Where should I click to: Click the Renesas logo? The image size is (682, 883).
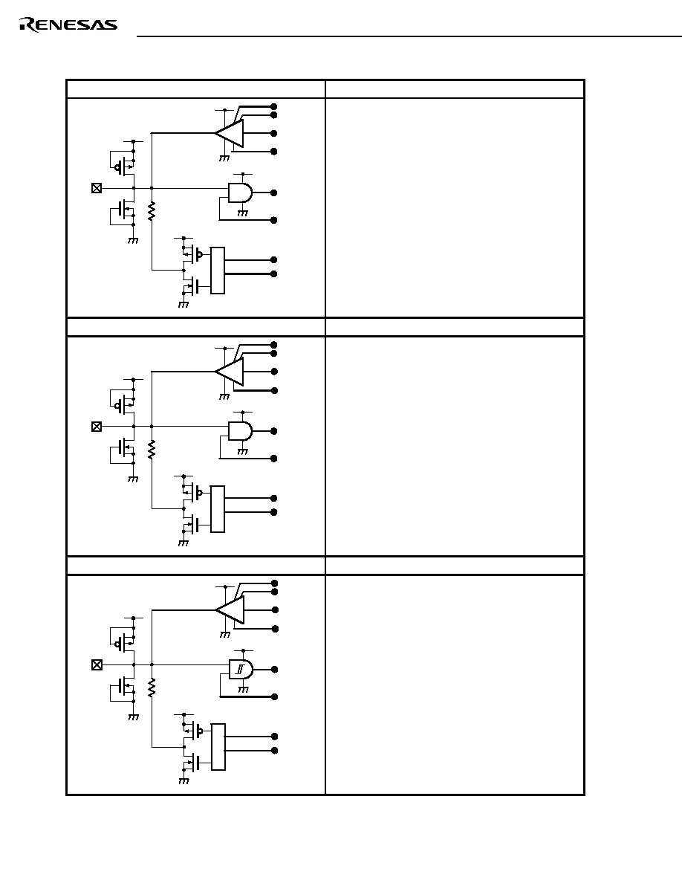coord(68,25)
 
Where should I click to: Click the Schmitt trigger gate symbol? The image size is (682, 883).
coord(241,670)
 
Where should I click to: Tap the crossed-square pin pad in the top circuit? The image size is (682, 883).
coord(97,188)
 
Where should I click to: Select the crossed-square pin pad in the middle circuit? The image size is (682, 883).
coord(97,427)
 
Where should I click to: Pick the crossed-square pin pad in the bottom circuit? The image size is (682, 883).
coord(97,665)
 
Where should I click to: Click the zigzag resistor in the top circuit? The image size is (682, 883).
coord(152,211)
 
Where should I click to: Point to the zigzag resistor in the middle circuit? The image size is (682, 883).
coord(152,450)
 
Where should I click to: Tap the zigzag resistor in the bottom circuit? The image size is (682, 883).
coord(152,688)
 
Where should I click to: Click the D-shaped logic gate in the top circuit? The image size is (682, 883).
coord(240,193)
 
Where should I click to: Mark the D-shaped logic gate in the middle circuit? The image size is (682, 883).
coord(240,431)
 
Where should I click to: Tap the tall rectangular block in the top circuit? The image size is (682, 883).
coord(217,271)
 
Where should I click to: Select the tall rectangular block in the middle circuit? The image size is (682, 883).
coord(217,509)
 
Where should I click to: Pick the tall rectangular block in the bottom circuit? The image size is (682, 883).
coord(218,747)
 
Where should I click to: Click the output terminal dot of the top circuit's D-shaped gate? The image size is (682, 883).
coord(274,193)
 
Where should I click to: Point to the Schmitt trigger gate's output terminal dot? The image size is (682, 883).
coord(275,670)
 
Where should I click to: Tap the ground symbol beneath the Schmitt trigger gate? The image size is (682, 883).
coord(243,689)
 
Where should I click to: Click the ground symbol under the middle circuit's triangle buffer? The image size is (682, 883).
coord(224,396)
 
